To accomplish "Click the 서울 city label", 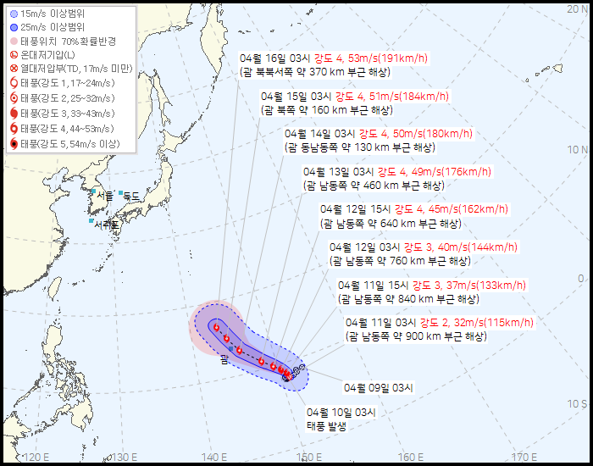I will pyautogui.click(x=104, y=195).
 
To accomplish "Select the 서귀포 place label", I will pyautogui.click(x=107, y=225).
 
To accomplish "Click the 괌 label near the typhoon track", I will pyautogui.click(x=224, y=360).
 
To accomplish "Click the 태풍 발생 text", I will pyautogui.click(x=326, y=426).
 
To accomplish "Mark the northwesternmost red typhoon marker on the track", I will pyautogui.click(x=217, y=328).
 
